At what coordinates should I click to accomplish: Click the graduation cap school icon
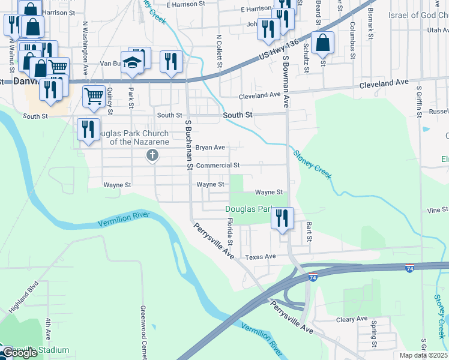[131, 62]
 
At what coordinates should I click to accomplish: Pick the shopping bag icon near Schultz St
[322, 43]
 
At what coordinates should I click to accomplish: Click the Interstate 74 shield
[409, 268]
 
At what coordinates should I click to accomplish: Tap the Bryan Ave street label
[210, 147]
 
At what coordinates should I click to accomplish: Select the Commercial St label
[218, 165]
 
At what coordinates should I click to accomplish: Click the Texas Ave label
[260, 256]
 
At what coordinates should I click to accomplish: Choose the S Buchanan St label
[188, 143]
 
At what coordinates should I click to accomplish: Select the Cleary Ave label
[352, 319]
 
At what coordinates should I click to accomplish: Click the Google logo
[19, 353]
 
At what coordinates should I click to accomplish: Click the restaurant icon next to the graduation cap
[171, 62]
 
